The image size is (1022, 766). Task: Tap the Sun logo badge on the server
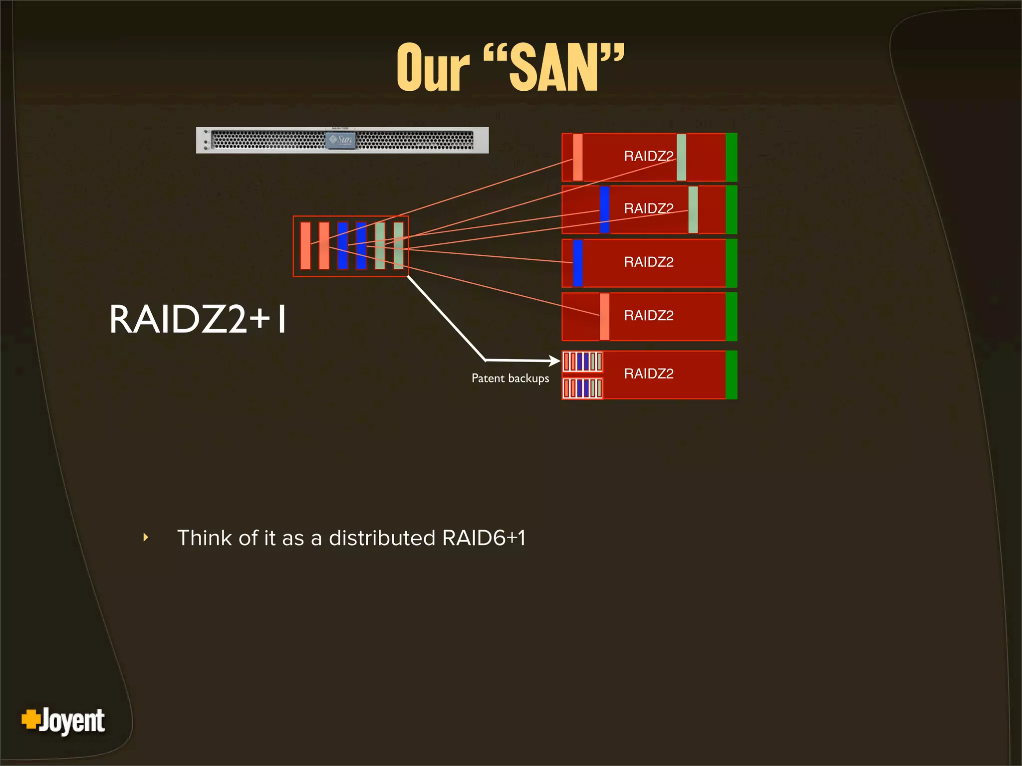tap(341, 140)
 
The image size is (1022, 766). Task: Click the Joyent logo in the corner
tap(63, 721)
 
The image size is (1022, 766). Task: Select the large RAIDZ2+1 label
tap(198, 319)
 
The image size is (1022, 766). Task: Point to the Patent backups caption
tap(510, 379)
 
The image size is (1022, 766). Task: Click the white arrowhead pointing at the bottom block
tap(554, 361)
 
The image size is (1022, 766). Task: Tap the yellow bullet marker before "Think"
tap(146, 537)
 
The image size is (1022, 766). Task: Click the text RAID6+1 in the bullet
tap(484, 538)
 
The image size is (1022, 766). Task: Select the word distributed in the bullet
tap(382, 538)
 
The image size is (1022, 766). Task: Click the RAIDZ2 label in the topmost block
tap(648, 156)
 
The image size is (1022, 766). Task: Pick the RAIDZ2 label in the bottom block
tap(648, 374)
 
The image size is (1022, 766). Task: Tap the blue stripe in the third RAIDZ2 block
tap(578, 263)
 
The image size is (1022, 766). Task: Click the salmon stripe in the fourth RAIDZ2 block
tap(604, 317)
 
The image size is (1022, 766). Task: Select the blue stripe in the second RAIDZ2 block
tap(604, 209)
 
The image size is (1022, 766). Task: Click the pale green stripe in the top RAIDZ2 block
tap(681, 158)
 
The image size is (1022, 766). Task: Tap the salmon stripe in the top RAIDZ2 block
tap(578, 158)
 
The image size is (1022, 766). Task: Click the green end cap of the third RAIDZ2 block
tap(732, 263)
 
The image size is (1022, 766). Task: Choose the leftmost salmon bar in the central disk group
tap(305, 246)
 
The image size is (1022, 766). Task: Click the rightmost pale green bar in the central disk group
tap(398, 246)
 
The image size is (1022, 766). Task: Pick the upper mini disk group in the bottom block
tap(582, 362)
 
